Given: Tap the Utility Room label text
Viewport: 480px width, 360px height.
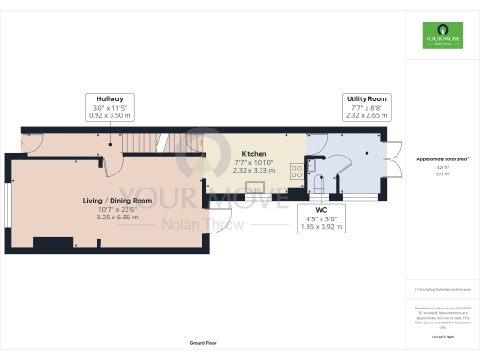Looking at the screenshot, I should click(x=363, y=97).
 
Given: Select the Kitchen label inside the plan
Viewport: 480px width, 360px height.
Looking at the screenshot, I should click(x=254, y=154).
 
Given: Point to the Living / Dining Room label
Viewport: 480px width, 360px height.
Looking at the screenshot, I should click(x=117, y=200).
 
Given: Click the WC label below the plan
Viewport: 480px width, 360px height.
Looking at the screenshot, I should click(x=320, y=211).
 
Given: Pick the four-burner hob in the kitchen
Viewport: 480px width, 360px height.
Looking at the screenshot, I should click(x=295, y=172).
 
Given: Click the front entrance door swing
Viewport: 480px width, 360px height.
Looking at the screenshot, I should click(x=31, y=143).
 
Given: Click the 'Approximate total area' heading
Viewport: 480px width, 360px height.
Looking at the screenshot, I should click(x=441, y=159).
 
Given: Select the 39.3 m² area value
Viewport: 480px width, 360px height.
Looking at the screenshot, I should click(x=441, y=173).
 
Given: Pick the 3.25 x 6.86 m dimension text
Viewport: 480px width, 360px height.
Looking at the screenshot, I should click(x=117, y=217).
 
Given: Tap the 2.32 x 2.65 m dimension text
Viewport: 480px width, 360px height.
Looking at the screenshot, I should click(x=363, y=115).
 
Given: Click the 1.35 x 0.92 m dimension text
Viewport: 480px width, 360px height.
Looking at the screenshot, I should click(x=320, y=228).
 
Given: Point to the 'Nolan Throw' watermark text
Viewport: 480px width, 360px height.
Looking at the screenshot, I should click(x=203, y=224).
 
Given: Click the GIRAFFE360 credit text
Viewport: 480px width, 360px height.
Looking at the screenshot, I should click(x=441, y=336).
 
